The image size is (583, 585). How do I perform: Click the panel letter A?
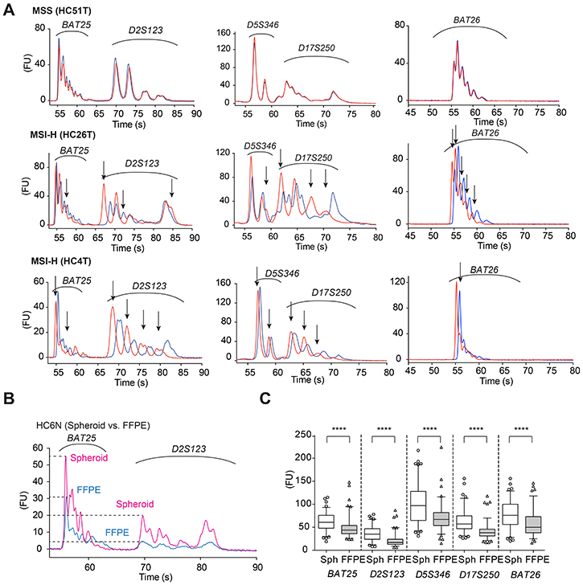tap(8, 9)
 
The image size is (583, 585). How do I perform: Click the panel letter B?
tap(9, 399)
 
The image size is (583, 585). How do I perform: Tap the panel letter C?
tap(265, 399)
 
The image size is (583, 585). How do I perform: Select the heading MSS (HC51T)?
tap(62, 10)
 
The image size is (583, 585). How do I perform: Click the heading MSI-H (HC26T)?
tap(63, 134)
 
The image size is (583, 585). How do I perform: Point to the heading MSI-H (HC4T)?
tap(61, 261)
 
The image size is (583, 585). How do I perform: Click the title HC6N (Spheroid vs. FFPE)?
tap(93, 425)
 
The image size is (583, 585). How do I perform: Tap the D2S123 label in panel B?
tap(188, 448)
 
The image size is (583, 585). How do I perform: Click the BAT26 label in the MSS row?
tap(466, 20)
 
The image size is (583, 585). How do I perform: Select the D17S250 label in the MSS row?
tap(317, 47)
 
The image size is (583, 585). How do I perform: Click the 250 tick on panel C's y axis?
tap(303, 435)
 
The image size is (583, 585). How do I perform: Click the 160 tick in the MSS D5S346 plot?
tap(224, 33)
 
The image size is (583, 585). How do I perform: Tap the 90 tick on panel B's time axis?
tap(257, 567)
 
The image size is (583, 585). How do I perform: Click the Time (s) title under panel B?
tap(156, 577)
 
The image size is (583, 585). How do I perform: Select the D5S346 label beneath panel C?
tap(433, 575)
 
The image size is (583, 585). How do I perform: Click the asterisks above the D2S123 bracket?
tap(384, 429)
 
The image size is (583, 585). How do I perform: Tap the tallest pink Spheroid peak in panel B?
tap(66, 457)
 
